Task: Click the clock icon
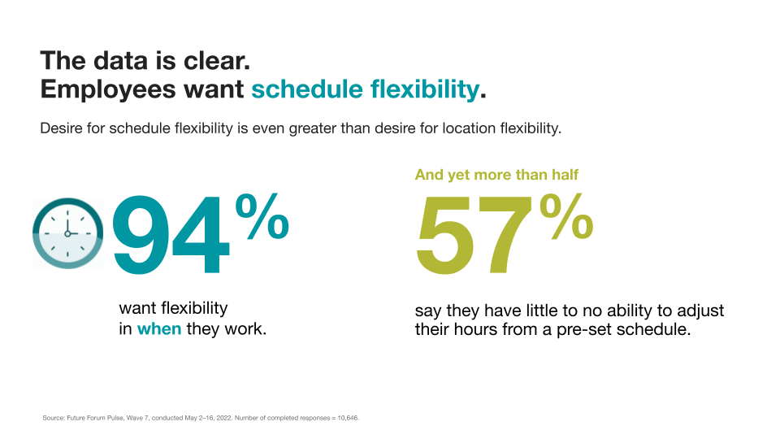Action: pyautogui.click(x=68, y=233)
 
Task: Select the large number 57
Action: pyautogui.click(x=474, y=235)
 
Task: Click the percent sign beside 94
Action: pyautogui.click(x=262, y=217)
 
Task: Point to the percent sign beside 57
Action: pyautogui.click(x=566, y=217)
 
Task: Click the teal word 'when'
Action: pyautogui.click(x=159, y=329)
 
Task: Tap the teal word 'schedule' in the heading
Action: pyautogui.click(x=307, y=89)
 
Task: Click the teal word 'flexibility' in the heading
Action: pyautogui.click(x=425, y=89)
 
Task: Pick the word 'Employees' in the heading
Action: pyautogui.click(x=108, y=90)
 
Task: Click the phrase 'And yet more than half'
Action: pyautogui.click(x=496, y=175)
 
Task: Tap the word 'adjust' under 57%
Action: pyautogui.click(x=701, y=311)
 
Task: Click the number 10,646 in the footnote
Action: pyautogui.click(x=348, y=418)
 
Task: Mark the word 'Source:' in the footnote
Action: pyautogui.click(x=54, y=418)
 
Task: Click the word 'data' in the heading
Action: pyautogui.click(x=121, y=61)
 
